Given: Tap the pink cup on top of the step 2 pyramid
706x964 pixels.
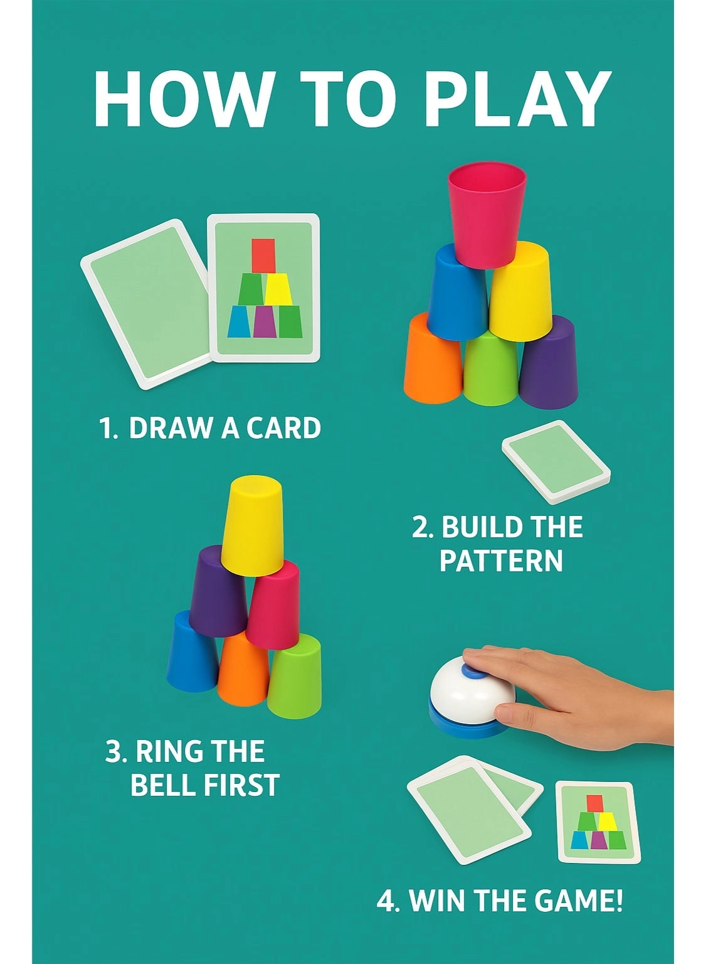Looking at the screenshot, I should pos(487,213).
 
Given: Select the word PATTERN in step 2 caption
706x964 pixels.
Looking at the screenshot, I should pos(500,560).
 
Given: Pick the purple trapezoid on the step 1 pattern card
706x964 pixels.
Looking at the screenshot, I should pos(265,321).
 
